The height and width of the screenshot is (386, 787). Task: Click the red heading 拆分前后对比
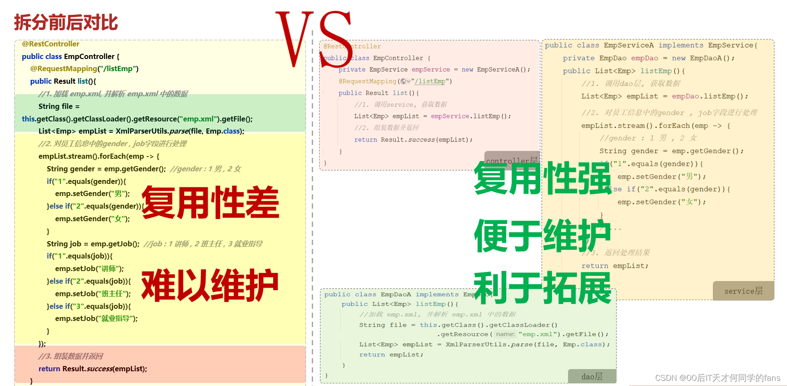pyautogui.click(x=66, y=23)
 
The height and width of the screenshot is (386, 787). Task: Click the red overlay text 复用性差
pyautogui.click(x=210, y=203)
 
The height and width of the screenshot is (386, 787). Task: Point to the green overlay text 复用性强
pyautogui.click(x=542, y=178)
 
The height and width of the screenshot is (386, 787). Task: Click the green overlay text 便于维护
pyautogui.click(x=542, y=236)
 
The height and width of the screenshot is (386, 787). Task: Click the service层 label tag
pyautogui.click(x=743, y=291)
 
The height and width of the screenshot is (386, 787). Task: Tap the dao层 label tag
pyautogui.click(x=592, y=376)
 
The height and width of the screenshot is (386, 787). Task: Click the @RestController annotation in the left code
pyautogui.click(x=51, y=44)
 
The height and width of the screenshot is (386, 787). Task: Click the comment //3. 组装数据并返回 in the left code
pyautogui.click(x=71, y=356)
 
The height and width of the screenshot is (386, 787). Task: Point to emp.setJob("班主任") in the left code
pyautogui.click(x=93, y=294)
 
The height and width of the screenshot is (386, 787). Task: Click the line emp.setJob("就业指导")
pyautogui.click(x=96, y=318)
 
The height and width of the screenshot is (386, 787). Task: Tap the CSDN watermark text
pyautogui.click(x=717, y=378)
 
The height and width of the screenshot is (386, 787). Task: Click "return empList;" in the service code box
pyautogui.click(x=615, y=266)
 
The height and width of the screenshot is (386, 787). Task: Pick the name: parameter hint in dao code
pyautogui.click(x=505, y=334)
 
